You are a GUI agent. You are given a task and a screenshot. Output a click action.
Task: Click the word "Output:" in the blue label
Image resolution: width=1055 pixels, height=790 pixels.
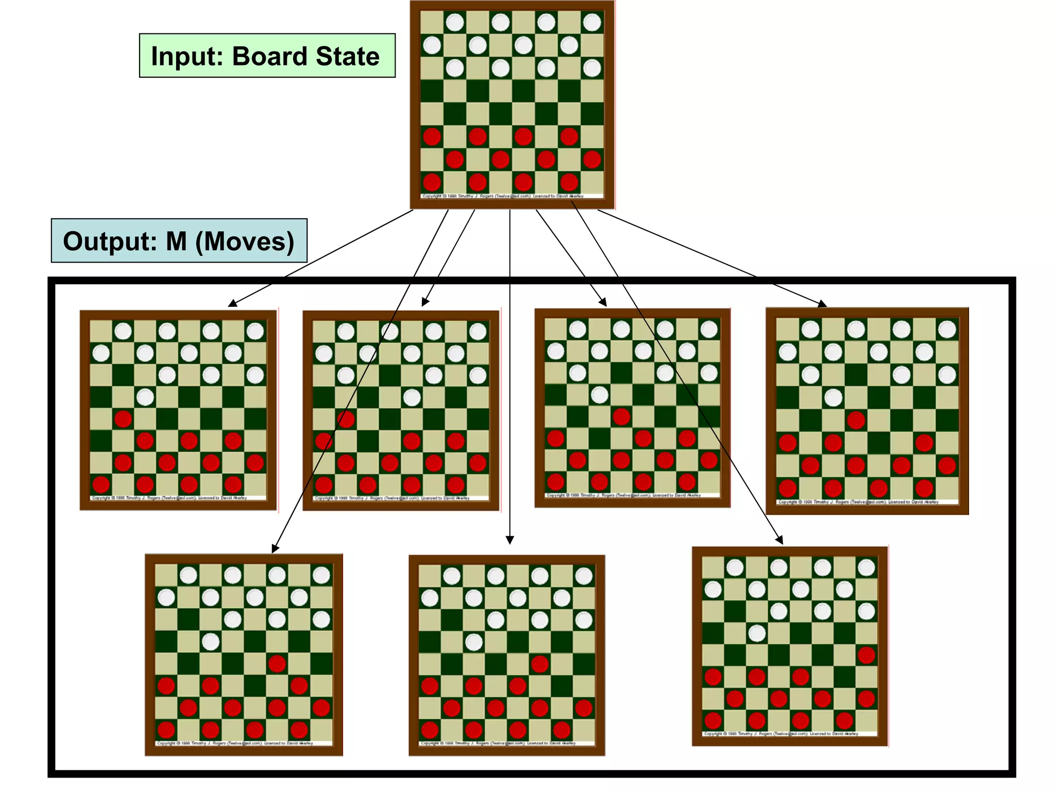point(109,241)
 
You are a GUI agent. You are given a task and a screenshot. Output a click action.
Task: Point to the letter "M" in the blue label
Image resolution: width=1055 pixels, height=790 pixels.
point(176,241)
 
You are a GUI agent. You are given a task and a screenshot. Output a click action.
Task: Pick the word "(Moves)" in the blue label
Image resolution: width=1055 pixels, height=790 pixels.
point(245,241)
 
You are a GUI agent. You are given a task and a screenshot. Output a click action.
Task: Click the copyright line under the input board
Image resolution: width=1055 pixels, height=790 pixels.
point(502,196)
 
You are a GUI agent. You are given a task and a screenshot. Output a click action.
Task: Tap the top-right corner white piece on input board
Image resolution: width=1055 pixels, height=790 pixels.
point(592,22)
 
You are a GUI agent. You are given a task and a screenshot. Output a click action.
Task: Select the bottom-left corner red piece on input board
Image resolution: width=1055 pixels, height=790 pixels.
point(432,182)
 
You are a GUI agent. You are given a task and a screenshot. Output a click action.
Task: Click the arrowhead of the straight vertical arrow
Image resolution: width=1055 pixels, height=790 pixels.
point(509,540)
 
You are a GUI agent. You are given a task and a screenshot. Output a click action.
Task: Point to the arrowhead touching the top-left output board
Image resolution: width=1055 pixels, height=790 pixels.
point(233,303)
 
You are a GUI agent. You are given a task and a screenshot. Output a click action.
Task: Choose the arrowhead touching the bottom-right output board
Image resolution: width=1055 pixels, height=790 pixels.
point(779,540)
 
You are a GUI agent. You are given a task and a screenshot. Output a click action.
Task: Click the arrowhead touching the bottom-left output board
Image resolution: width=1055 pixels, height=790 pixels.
point(275,549)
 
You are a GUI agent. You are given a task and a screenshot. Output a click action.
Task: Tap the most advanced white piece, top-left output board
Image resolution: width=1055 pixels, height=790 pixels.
point(145,397)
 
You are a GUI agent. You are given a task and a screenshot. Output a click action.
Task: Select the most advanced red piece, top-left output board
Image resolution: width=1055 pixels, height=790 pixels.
point(123,419)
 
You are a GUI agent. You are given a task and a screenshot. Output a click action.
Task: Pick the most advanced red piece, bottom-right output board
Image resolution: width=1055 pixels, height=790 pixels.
point(866,655)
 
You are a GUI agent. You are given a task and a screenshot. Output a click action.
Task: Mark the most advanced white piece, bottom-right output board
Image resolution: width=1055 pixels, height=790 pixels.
point(757,633)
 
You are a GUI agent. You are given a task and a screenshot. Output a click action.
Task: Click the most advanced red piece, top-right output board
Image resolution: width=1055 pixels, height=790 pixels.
point(856,420)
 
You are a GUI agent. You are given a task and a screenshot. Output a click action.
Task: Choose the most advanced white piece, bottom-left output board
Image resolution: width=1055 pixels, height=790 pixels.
point(210,642)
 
